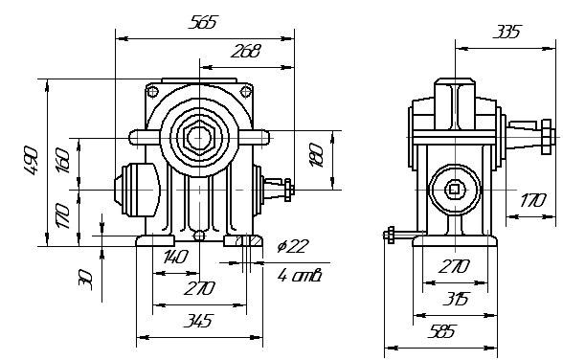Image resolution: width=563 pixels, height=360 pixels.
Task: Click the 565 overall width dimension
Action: (203, 22)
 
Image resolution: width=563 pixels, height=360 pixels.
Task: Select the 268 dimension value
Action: (245, 51)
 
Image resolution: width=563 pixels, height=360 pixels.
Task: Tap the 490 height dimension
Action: (32, 161)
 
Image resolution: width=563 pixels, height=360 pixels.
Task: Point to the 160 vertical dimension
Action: (63, 161)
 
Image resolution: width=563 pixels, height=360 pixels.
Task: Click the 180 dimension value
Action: (317, 155)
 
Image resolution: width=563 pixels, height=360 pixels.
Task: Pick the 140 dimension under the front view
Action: (176, 257)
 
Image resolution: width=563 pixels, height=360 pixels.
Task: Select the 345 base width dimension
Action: (198, 321)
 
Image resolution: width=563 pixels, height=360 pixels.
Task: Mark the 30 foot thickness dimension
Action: (86, 280)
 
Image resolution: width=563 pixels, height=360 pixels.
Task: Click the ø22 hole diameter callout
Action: (293, 246)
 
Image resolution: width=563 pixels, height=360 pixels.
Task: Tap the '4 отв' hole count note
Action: (299, 276)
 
